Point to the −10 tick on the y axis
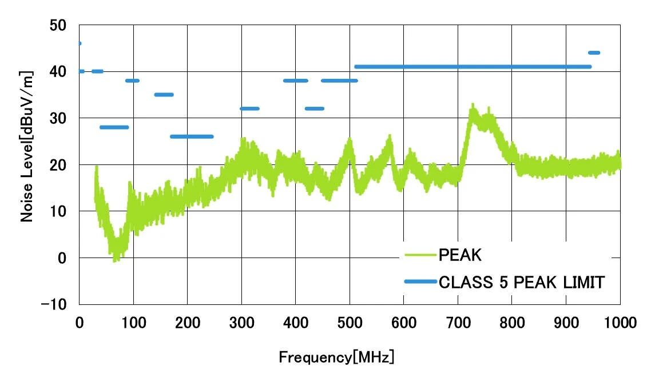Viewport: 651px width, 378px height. click(x=55, y=304)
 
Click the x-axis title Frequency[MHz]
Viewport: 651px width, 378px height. click(x=336, y=358)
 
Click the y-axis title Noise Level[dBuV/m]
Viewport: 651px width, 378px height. click(x=26, y=146)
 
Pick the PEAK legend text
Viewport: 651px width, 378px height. click(x=461, y=255)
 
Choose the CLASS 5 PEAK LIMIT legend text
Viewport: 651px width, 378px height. click(x=521, y=282)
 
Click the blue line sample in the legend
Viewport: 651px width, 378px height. click(x=420, y=282)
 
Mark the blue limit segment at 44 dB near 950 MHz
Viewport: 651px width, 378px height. click(x=594, y=53)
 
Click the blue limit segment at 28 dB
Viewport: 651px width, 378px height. click(x=114, y=127)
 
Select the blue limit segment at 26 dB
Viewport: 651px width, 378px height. click(x=192, y=136)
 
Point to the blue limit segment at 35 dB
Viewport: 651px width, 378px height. click(x=164, y=94)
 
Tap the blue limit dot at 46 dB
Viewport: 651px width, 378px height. click(x=80, y=43)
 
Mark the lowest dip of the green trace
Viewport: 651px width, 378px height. click(x=116, y=260)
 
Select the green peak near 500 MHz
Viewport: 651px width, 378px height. click(x=349, y=140)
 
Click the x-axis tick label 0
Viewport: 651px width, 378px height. click(x=80, y=323)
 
